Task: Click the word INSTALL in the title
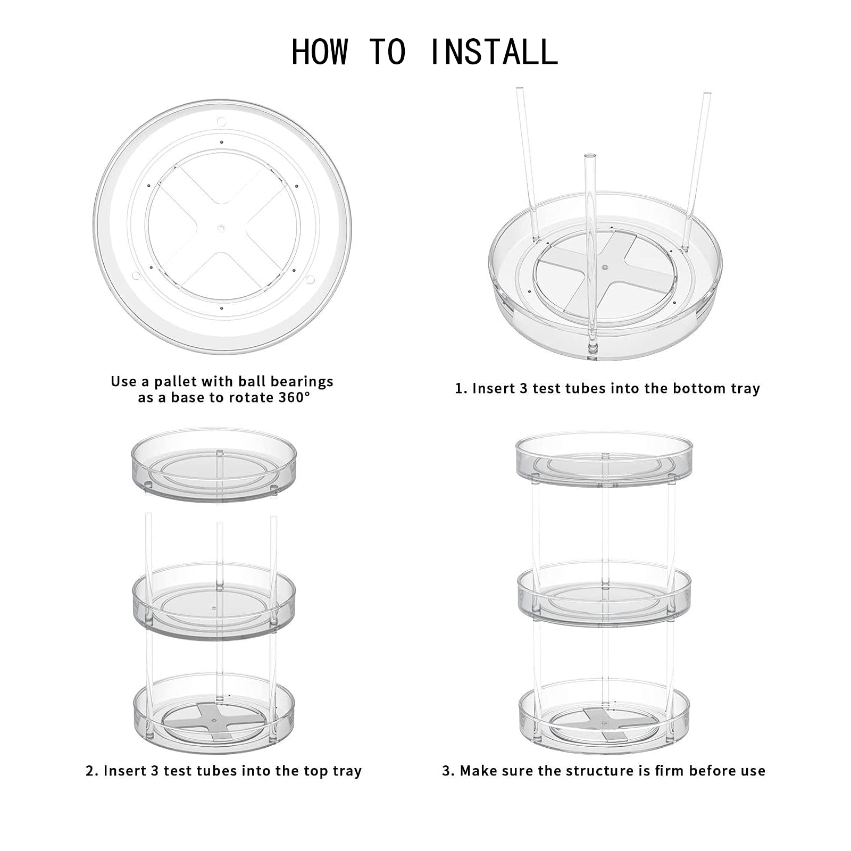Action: point(493,52)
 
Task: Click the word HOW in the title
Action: point(320,52)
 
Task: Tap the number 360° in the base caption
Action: point(294,398)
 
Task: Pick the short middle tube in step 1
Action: point(590,250)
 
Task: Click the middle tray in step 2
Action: point(214,601)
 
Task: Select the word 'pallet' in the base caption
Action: point(174,382)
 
